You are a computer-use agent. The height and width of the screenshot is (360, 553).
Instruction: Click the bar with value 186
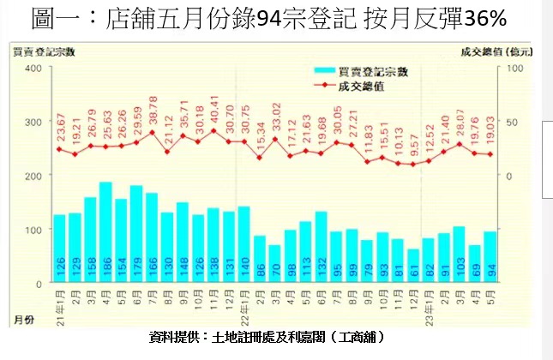pyautogui.click(x=106, y=231)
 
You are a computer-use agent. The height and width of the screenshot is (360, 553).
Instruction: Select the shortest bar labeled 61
pyautogui.click(x=414, y=266)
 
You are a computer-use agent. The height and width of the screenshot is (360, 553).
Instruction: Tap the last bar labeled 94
pyautogui.click(x=490, y=257)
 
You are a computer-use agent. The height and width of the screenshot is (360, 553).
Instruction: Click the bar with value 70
pyautogui.click(x=275, y=264)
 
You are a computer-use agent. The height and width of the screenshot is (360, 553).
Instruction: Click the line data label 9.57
pyautogui.click(x=413, y=147)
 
